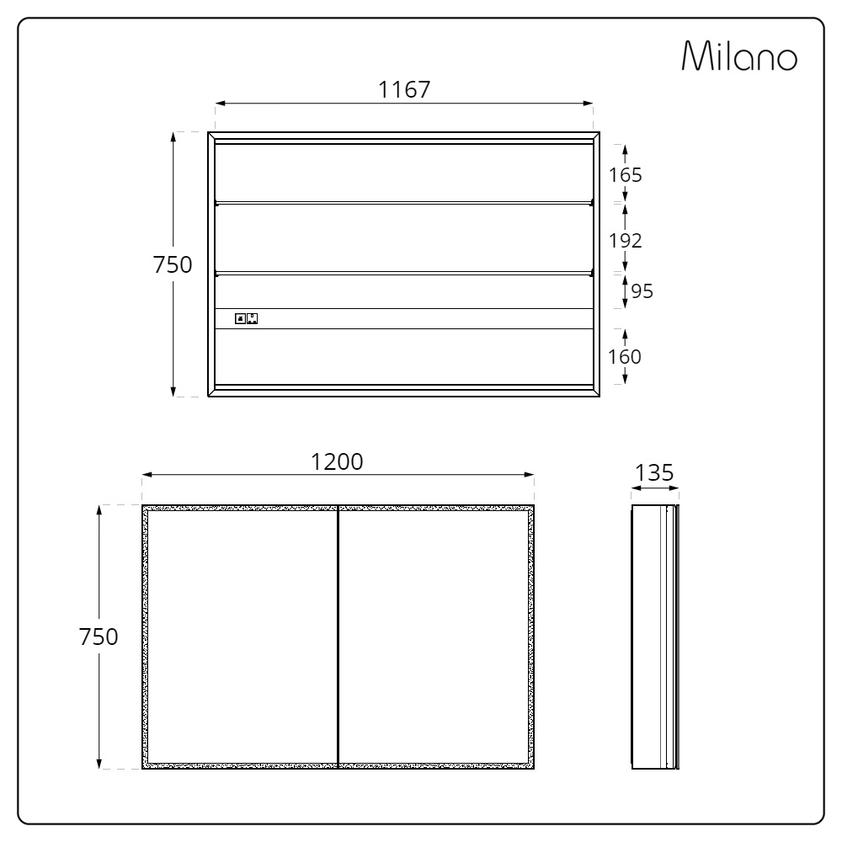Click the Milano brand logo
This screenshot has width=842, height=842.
pyautogui.click(x=739, y=56)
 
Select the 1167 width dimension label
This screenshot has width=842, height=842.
pyautogui.click(x=404, y=90)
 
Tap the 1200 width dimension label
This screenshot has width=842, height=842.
pyautogui.click(x=338, y=461)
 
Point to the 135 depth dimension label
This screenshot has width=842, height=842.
pyautogui.click(x=654, y=473)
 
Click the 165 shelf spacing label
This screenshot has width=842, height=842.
pyautogui.click(x=625, y=175)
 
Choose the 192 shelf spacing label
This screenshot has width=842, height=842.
pyautogui.click(x=625, y=241)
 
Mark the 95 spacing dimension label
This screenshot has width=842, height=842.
pyautogui.click(x=642, y=291)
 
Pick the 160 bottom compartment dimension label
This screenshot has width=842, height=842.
pyautogui.click(x=625, y=356)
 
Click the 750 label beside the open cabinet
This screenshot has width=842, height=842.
pyautogui.click(x=173, y=264)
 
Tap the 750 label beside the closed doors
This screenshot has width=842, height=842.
pyautogui.click(x=99, y=637)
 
